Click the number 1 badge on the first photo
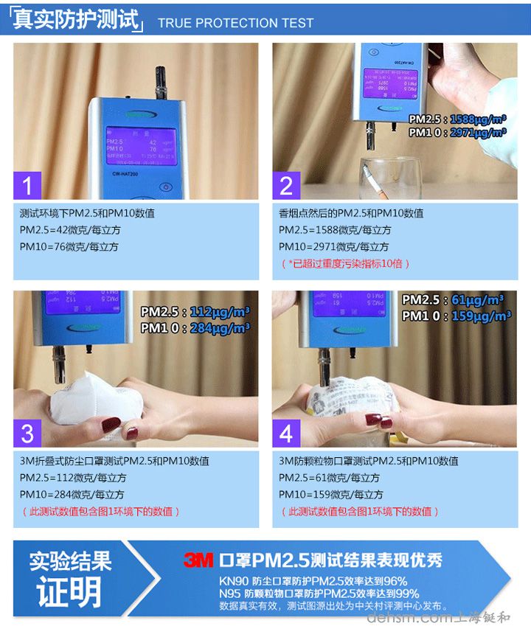coord(28,185)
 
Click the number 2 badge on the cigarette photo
coord(287,185)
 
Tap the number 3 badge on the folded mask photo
coord(28,432)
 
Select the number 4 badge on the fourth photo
coord(287,432)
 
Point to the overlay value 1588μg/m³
coord(478,119)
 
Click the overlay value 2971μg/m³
coord(478,133)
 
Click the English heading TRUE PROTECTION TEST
coord(235,23)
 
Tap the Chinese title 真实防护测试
coord(77,20)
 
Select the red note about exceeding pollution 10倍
coord(345,263)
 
